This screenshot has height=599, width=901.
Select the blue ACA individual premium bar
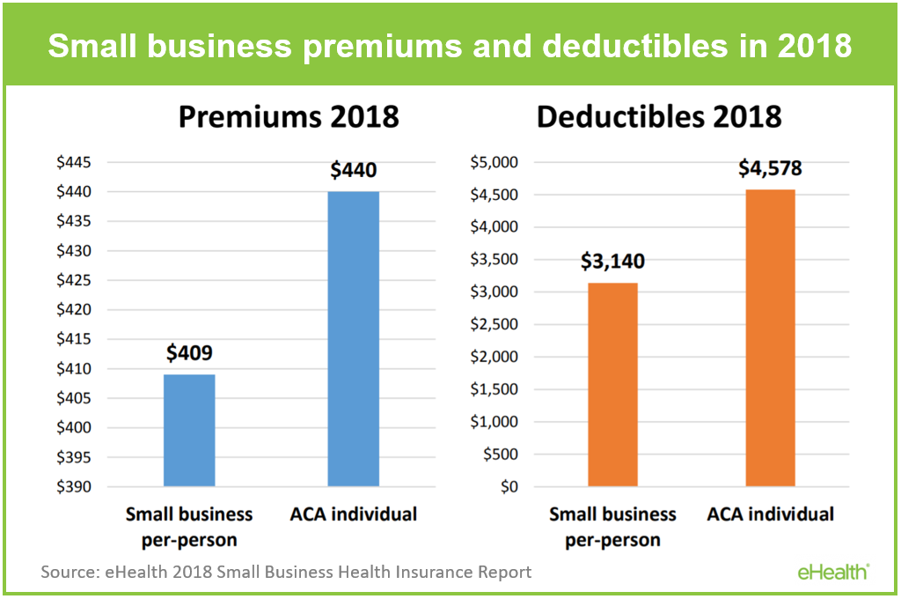pyautogui.click(x=353, y=338)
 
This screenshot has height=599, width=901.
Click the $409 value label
pyautogui.click(x=189, y=354)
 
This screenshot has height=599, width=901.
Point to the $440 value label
pyautogui.click(x=353, y=170)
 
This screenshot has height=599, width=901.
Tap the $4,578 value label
pyautogui.click(x=771, y=168)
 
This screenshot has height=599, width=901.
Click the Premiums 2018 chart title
pyautogui.click(x=289, y=116)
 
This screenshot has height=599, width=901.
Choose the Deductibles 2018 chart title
pyautogui.click(x=659, y=116)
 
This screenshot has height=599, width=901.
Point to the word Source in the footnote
pyautogui.click(x=70, y=572)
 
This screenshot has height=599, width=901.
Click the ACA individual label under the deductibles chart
pyautogui.click(x=770, y=514)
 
